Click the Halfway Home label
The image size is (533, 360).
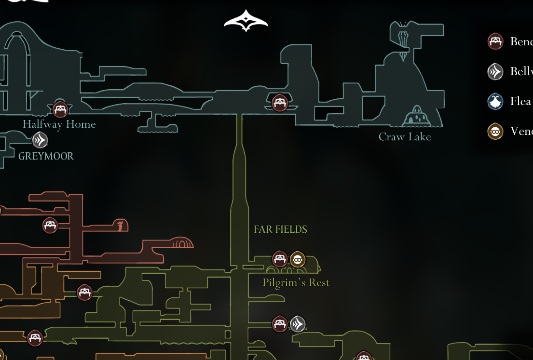coord(59,124)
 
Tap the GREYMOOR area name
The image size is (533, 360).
coord(46,156)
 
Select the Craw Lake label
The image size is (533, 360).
coord(405,137)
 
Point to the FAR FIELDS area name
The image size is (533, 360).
coord(280,229)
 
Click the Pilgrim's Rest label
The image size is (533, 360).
coord(296,282)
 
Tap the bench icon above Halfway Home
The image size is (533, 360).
coord(60,110)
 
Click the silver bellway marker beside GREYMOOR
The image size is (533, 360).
coord(40,140)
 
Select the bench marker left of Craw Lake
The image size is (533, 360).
coord(280,102)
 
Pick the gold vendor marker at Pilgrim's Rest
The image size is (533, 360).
coord(298,259)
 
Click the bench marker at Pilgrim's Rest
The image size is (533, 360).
coord(280,259)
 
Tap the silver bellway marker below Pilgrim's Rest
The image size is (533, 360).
coord(298,324)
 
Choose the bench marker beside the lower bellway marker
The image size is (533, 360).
coord(280,324)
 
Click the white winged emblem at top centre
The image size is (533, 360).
coord(246,21)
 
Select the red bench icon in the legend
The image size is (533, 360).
coord(495,41)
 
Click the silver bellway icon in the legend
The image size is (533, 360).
coord(495,72)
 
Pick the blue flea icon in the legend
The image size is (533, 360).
coord(495,102)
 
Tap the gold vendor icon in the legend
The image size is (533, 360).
coord(495,131)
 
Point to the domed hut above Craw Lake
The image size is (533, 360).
coord(415,117)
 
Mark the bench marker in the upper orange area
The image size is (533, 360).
coord(50,225)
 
